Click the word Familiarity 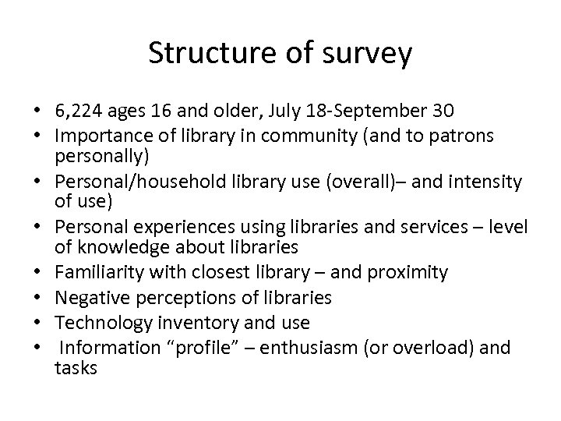pos(92,273)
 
